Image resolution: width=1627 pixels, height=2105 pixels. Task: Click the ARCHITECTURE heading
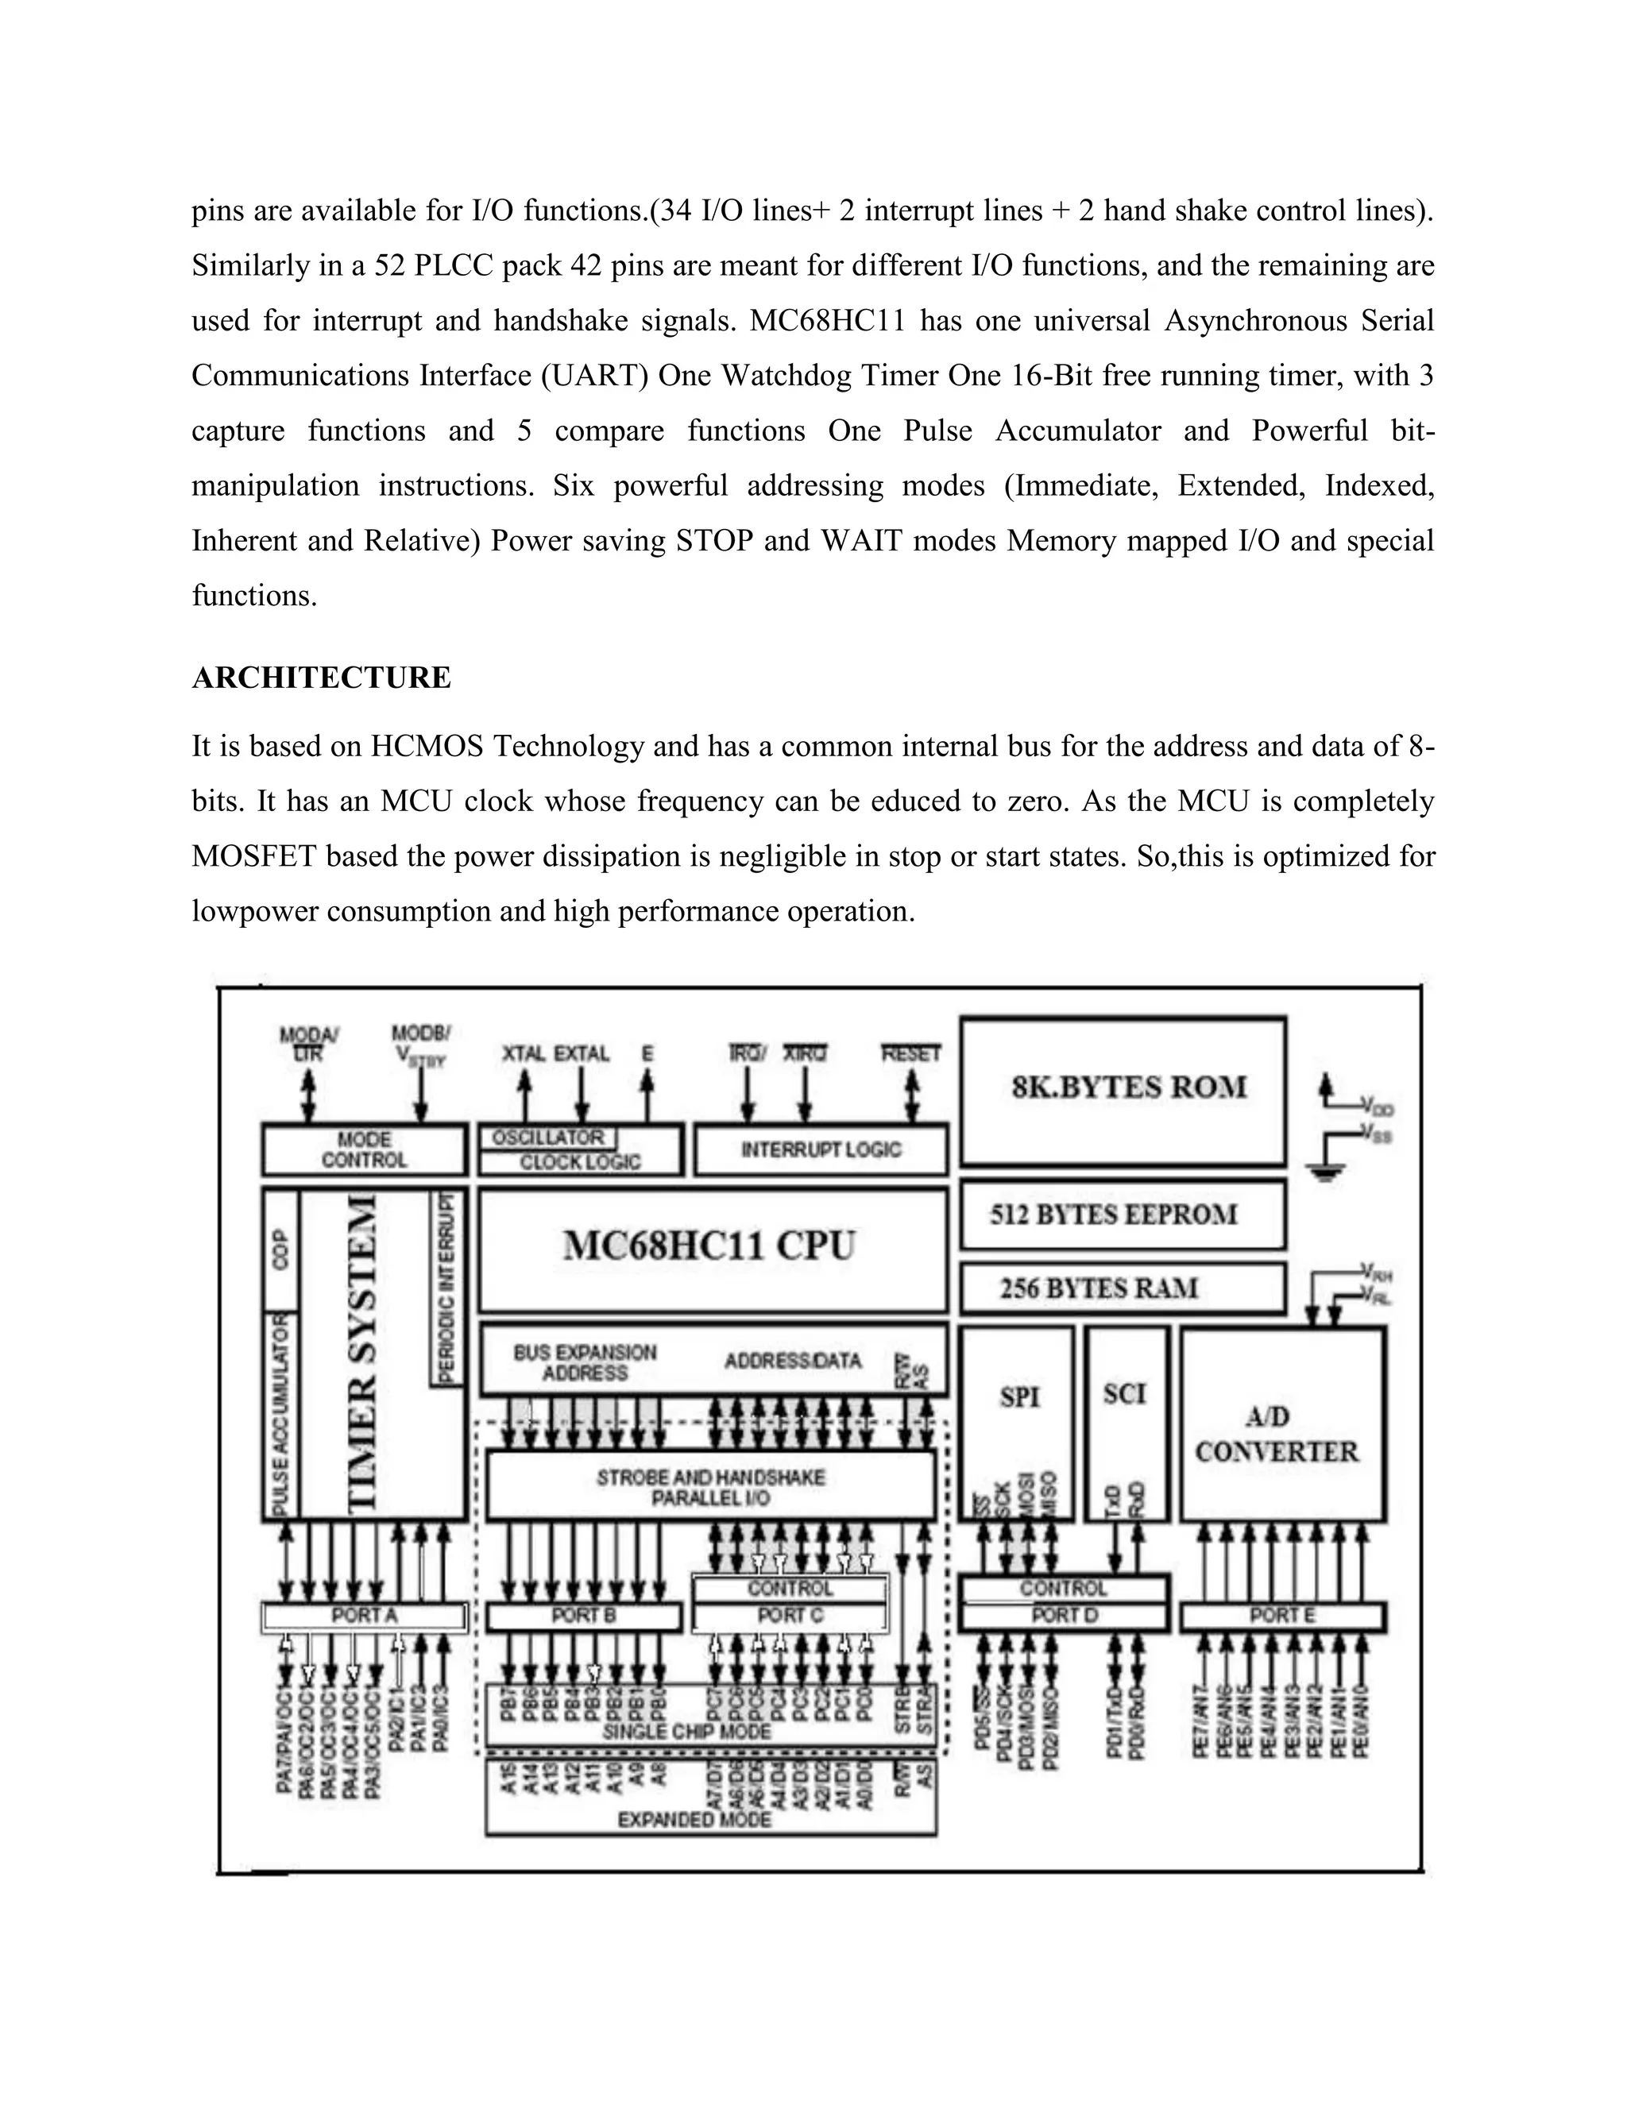[321, 678]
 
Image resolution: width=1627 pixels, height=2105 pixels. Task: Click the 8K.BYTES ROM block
[1123, 1089]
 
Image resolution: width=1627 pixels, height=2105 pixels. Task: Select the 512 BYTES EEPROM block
[1123, 1214]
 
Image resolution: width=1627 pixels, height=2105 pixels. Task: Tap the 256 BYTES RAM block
[1123, 1288]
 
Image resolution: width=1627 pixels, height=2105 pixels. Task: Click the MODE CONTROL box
[365, 1150]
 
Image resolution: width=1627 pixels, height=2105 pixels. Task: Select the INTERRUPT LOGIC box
[820, 1150]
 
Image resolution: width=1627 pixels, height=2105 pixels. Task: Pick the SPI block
[1018, 1396]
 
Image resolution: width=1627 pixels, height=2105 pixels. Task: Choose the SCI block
[1126, 1395]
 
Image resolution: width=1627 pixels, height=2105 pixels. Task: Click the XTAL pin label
[524, 1053]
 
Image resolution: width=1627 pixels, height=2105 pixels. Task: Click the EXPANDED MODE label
[694, 1820]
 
